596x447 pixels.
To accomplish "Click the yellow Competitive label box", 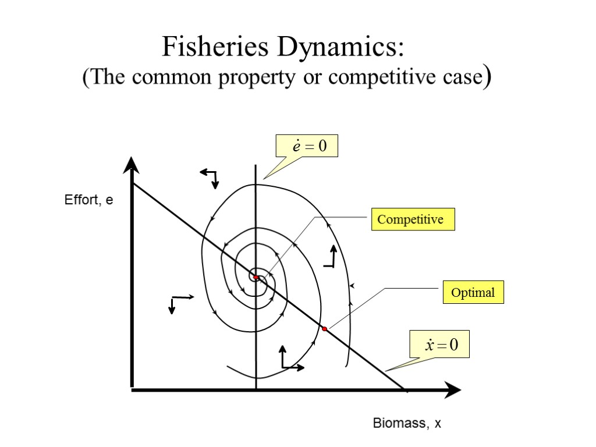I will [413, 219].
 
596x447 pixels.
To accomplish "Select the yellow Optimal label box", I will [473, 292].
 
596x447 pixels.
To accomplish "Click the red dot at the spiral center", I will [256, 277].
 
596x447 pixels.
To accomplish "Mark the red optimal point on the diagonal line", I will [325, 329].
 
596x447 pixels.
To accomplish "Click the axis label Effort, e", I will [88, 201].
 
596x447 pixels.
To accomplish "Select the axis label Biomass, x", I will [407, 424].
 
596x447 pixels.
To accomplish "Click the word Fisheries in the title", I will [212, 47].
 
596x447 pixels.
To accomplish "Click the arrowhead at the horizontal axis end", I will [452, 391].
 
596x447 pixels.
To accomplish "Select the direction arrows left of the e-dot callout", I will [210, 177].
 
